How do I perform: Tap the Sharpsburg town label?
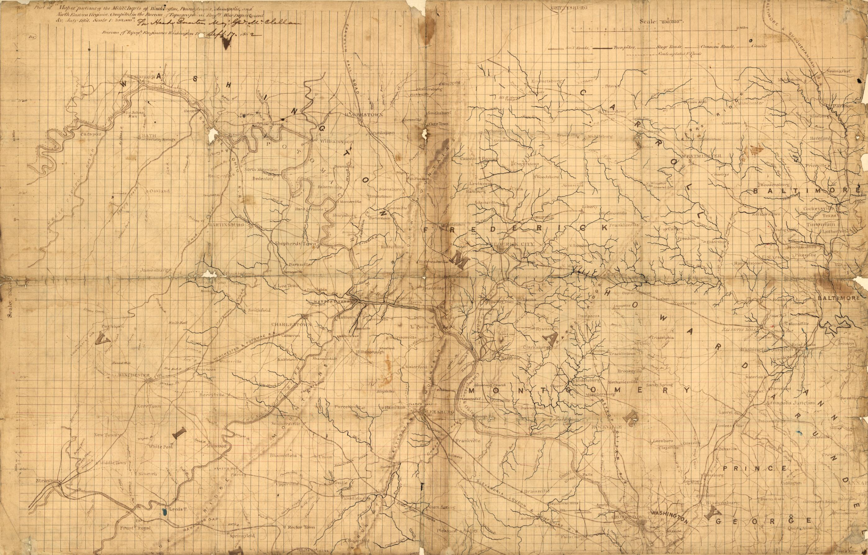[x=343, y=215]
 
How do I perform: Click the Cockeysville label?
[x=819, y=208]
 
